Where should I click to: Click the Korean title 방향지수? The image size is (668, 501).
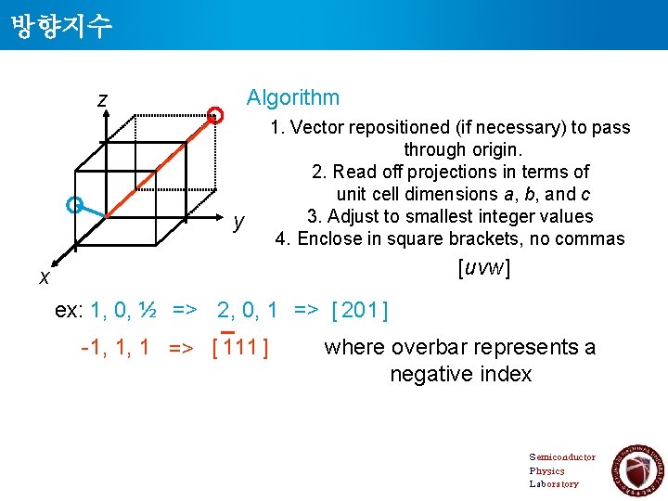62,25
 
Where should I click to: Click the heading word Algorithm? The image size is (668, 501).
292,97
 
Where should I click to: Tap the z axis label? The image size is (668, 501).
102,99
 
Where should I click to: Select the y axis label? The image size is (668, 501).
239,221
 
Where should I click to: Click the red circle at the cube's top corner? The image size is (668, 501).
215,115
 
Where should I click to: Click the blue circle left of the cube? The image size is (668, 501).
75,204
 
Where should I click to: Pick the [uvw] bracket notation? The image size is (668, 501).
483,268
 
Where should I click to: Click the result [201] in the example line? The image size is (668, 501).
359,310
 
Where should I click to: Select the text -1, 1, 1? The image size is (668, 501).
116,349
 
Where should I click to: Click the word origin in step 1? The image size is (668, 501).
496,149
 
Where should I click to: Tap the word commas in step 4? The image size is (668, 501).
594,238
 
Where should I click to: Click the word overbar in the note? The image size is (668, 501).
430,347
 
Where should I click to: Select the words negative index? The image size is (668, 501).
461,374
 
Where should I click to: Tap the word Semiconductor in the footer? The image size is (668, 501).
562,456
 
